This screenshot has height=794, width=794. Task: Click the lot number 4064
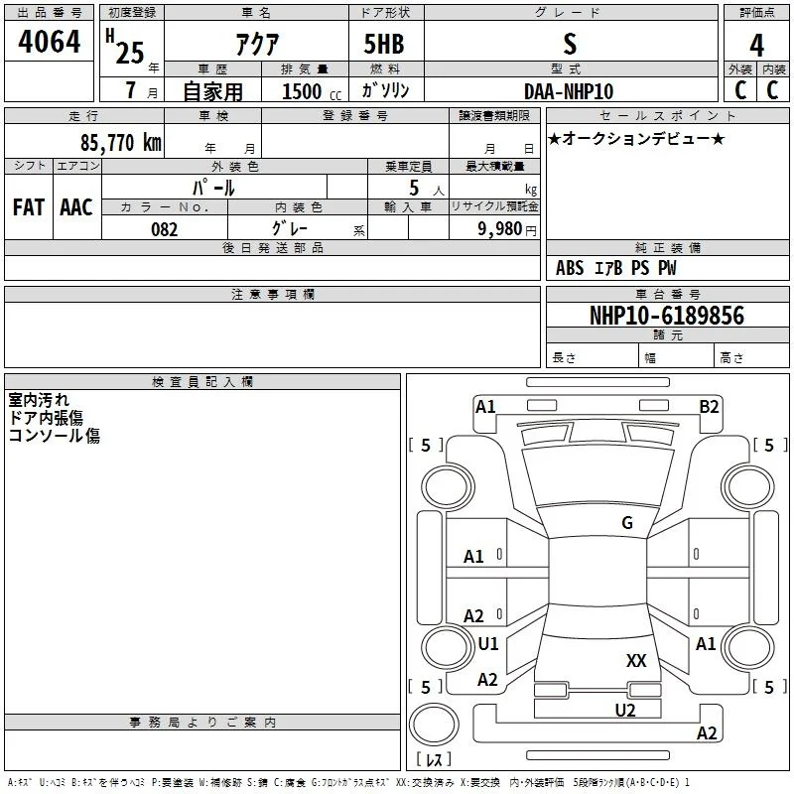coord(49,42)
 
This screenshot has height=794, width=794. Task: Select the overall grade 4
coord(756,46)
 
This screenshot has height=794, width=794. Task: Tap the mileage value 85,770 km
coord(120,142)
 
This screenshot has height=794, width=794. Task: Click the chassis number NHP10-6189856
coord(667,316)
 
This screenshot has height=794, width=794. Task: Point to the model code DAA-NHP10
coord(569,91)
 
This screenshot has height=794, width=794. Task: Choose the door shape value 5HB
coord(384,44)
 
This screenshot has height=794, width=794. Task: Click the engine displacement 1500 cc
coord(312,91)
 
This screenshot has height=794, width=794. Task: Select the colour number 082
coord(164,229)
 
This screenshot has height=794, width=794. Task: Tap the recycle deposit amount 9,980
coord(499,229)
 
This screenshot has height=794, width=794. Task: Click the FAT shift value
coord(29,207)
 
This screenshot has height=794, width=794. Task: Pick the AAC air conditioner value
coord(76,207)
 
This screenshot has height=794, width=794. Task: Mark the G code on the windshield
coord(627,523)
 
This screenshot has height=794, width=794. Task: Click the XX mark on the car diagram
coord(636,660)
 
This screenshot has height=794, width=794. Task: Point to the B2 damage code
coord(709,407)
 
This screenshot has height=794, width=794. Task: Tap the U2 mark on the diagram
coord(625,711)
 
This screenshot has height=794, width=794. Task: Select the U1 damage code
coord(488,643)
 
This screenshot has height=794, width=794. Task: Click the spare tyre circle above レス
coord(434,725)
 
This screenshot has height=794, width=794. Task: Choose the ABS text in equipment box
coord(570,268)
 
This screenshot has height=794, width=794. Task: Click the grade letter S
coord(570,44)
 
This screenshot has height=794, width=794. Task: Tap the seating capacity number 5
coord(414,188)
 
